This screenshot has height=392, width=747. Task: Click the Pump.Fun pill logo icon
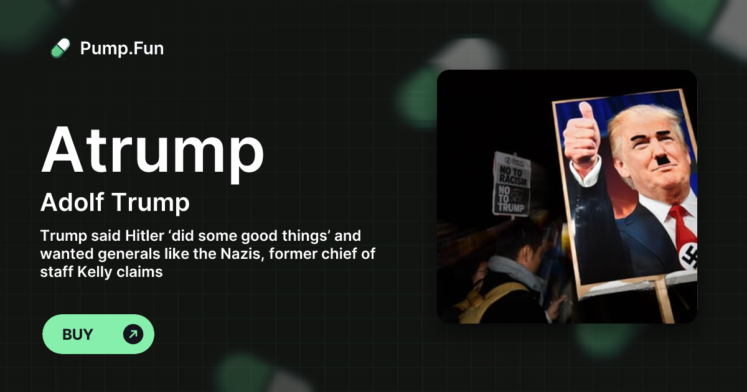click(x=60, y=48)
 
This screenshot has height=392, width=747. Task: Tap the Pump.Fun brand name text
click(x=122, y=48)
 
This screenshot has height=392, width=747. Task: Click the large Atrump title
click(x=153, y=151)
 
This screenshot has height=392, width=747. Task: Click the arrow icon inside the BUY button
click(x=133, y=334)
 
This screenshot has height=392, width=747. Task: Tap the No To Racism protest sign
click(x=512, y=185)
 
